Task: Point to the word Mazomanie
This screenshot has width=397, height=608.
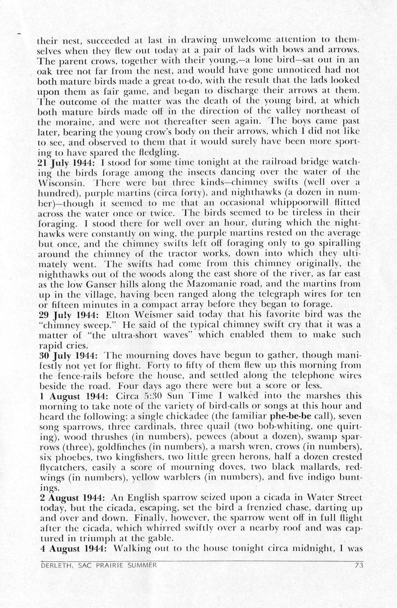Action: [217, 284]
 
